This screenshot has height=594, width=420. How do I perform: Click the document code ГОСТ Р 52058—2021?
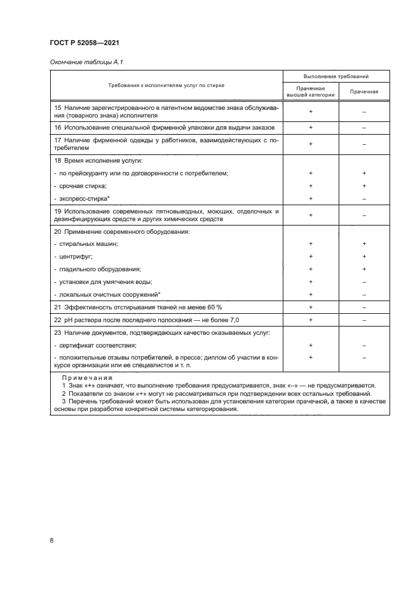tap(85, 43)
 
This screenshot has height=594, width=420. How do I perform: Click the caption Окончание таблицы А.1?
tap(83, 62)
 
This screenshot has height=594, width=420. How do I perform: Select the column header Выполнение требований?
tap(337, 76)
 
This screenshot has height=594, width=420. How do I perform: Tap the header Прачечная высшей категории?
tap(311, 91)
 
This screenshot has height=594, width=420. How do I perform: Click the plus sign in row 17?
tap(311, 144)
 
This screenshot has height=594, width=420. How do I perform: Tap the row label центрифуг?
tap(76, 256)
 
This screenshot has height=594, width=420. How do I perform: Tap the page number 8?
tap(51, 540)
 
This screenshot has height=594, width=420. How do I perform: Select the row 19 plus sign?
tap(311, 215)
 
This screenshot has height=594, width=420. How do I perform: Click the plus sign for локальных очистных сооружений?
tap(311, 294)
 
